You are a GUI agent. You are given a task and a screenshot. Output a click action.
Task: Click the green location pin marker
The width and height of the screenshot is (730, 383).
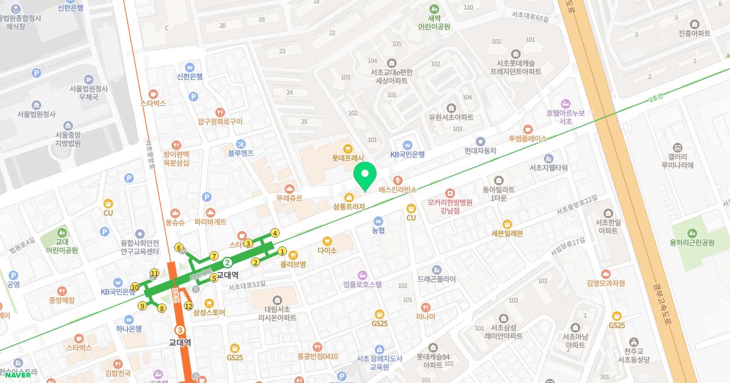(364, 176)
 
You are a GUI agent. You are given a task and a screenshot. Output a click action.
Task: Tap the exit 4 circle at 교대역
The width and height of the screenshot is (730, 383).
(275, 233)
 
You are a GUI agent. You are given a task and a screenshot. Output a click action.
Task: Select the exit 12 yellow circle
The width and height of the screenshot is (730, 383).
(189, 306)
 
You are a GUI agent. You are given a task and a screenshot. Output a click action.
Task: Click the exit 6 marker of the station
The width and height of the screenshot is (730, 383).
(179, 247)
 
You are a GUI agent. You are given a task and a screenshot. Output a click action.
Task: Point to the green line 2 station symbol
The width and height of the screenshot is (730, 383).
(227, 263)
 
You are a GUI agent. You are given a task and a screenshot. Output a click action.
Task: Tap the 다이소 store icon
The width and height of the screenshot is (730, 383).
(327, 241)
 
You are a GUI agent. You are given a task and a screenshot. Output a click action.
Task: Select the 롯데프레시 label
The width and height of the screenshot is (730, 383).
(347, 157)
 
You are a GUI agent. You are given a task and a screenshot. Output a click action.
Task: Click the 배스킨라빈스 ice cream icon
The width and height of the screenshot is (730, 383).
(398, 180)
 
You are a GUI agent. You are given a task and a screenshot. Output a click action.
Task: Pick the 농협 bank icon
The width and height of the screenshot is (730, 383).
(378, 221)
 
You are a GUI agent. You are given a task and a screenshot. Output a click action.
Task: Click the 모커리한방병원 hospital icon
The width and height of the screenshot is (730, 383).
(450, 193)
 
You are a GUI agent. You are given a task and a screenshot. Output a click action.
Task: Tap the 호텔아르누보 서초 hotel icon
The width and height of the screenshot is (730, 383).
(566, 103)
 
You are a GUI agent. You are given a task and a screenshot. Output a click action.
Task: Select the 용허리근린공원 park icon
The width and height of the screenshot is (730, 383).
(692, 233)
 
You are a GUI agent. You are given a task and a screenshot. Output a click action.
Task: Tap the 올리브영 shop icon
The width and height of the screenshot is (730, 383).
(293, 255)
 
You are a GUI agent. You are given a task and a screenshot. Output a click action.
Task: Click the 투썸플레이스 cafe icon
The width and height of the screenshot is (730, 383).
(527, 129)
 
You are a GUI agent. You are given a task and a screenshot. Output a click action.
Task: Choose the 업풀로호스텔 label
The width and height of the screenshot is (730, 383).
(362, 284)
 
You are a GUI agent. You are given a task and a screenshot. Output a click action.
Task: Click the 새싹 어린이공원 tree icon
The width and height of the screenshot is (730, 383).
(434, 9)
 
